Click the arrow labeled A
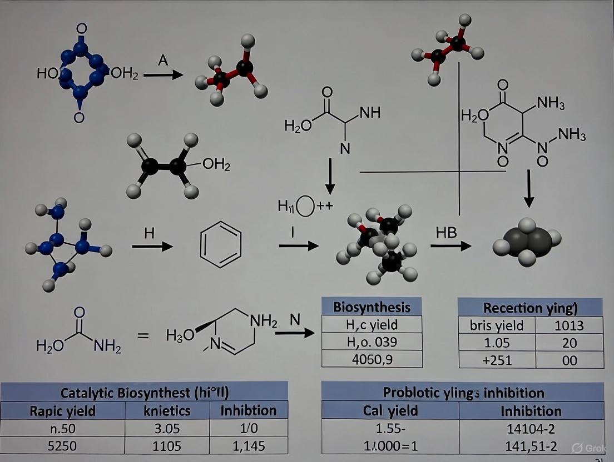163,74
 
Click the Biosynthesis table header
372,307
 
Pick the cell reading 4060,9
372,359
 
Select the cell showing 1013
569,325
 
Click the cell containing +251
497,360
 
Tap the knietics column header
167,410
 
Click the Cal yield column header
390,410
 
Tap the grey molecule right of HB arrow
527,242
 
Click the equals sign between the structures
143,335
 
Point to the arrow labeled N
295,333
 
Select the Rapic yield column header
62,410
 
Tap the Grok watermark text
591,448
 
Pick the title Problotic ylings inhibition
463,392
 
